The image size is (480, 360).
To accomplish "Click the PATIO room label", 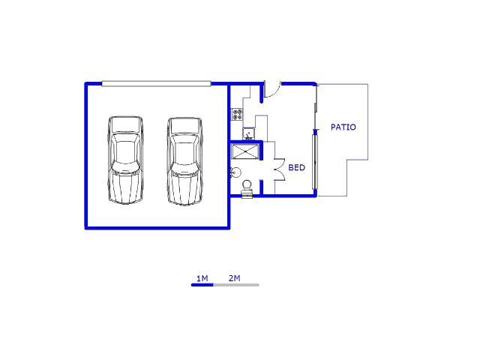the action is pos(343,127).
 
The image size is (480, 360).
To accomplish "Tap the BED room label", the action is pos(297,167).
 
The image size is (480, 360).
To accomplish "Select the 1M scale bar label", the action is pos(202,278).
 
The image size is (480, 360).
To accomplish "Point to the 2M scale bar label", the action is pos(234,278).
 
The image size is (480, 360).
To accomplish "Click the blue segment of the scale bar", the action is pos(202,285).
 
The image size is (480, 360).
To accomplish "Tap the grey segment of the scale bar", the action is pos(236,285).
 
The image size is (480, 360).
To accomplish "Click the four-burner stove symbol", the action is pos(237,114).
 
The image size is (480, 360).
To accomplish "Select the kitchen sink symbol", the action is pos(248,133).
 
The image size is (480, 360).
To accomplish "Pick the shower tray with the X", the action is pos(245,151).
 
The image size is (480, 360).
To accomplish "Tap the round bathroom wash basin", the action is pos(235,172).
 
